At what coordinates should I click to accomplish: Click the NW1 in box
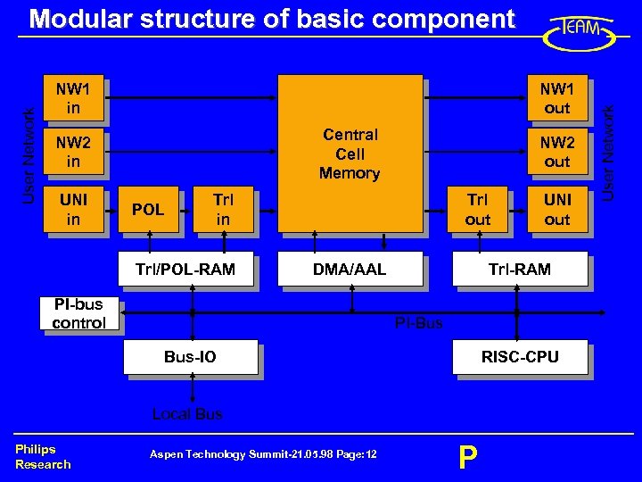pyautogui.click(x=73, y=97)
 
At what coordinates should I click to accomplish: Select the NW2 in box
pyautogui.click(x=73, y=151)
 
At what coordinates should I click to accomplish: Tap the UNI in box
pyautogui.click(x=73, y=209)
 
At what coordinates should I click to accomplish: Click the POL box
pyautogui.click(x=148, y=210)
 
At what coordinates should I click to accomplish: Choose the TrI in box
pyautogui.click(x=223, y=209)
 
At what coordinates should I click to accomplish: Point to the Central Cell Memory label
pyautogui.click(x=350, y=154)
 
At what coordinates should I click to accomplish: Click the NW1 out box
pyautogui.click(x=557, y=97)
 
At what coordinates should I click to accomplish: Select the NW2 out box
pyautogui.click(x=557, y=151)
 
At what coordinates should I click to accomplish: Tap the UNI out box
pyautogui.click(x=557, y=209)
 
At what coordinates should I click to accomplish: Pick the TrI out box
pyautogui.click(x=478, y=209)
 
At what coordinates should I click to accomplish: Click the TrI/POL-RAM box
pyautogui.click(x=185, y=269)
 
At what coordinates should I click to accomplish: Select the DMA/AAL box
pyautogui.click(x=350, y=269)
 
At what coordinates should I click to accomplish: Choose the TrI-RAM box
pyautogui.click(x=520, y=269)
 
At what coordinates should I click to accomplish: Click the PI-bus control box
pyautogui.click(x=79, y=314)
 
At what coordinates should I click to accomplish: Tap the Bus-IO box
pyautogui.click(x=190, y=357)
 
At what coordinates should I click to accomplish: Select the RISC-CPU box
pyautogui.click(x=520, y=357)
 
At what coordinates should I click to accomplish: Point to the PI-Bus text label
pyautogui.click(x=418, y=323)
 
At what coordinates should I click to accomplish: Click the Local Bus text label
pyautogui.click(x=187, y=414)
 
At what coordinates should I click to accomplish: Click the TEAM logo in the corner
pyautogui.click(x=580, y=31)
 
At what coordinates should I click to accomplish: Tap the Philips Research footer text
pyautogui.click(x=42, y=456)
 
